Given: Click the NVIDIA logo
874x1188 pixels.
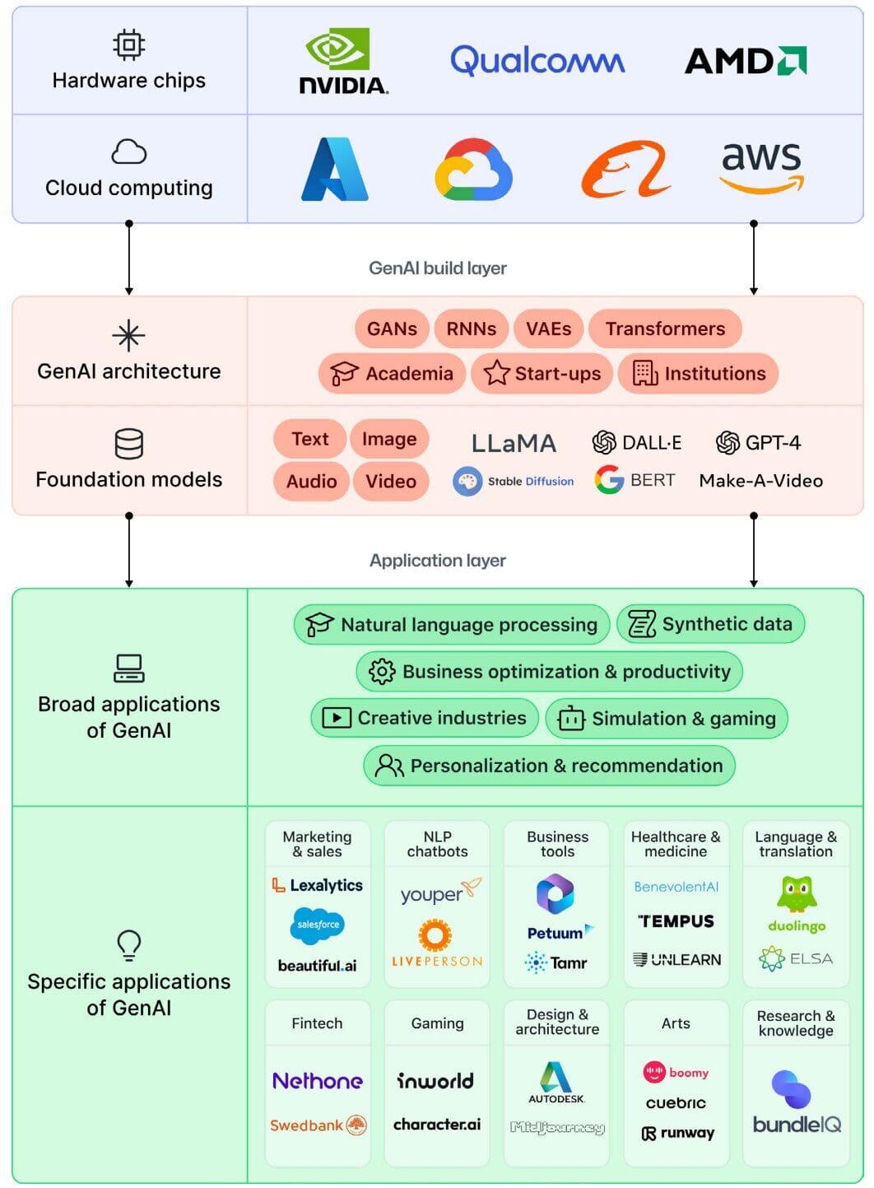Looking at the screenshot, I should (x=342, y=62).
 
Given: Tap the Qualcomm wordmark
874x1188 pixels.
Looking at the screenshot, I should (x=537, y=61).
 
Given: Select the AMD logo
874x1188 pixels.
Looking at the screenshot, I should (x=746, y=61).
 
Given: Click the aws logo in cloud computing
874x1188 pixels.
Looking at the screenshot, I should (x=761, y=168).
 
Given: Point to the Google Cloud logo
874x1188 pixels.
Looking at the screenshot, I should (x=473, y=169).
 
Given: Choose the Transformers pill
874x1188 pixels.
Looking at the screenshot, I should (x=665, y=328).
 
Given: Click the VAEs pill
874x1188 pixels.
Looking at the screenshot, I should (x=548, y=328).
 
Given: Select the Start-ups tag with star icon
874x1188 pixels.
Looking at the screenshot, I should (x=542, y=374).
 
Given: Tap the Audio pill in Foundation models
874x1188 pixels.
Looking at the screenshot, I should (x=311, y=482).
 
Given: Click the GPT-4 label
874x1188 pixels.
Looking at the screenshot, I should (x=758, y=443).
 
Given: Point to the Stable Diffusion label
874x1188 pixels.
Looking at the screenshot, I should (x=514, y=482).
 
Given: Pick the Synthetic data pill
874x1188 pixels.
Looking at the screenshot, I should (x=710, y=624).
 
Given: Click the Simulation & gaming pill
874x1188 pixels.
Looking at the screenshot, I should (x=667, y=719).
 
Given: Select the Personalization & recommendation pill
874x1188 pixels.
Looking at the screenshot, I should (x=549, y=766).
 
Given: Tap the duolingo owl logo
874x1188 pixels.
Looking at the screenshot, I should (x=796, y=894).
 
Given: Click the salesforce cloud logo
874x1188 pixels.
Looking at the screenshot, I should (x=317, y=925).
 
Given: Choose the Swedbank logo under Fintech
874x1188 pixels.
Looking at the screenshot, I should (x=318, y=1125).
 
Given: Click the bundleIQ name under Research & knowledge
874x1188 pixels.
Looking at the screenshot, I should (x=796, y=1125).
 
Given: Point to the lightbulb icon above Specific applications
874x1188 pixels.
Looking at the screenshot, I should (x=129, y=945).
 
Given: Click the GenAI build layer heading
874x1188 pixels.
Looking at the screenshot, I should (x=437, y=268).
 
